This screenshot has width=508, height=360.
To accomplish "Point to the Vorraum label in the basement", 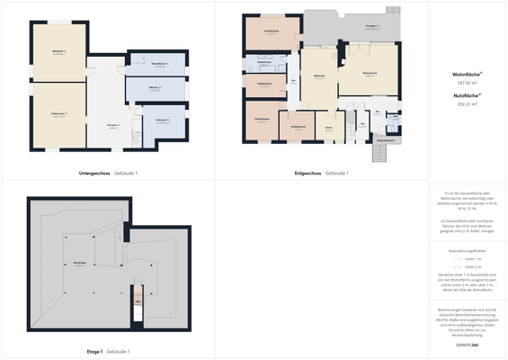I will [113, 125].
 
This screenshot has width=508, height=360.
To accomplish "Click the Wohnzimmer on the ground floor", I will [369, 74].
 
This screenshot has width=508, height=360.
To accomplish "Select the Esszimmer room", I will [319, 76].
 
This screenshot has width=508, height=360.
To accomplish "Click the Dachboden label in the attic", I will [79, 263].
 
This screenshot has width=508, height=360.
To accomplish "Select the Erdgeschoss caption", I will [308, 173].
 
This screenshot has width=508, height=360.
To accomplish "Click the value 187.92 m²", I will [467, 83].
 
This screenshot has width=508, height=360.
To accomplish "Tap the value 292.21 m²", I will [467, 104].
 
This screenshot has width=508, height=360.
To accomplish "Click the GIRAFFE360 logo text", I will [467, 346].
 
